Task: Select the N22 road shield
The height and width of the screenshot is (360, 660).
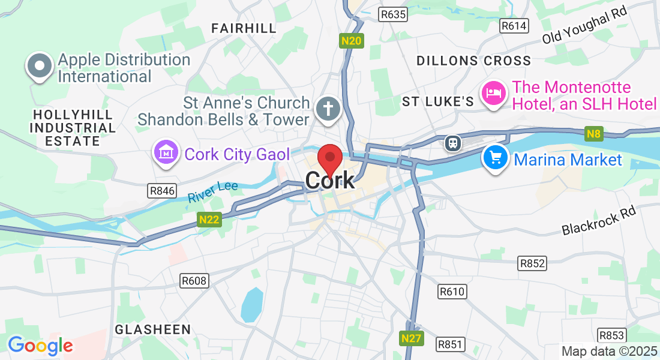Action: [209, 220]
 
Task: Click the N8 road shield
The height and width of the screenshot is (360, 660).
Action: [593, 134]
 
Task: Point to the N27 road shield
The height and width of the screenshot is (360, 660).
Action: [411, 338]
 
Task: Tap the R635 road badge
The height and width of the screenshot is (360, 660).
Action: [394, 13]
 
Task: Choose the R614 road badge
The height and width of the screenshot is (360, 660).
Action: [514, 25]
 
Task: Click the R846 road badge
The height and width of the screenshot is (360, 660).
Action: [162, 191]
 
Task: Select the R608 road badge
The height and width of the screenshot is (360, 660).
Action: [194, 280]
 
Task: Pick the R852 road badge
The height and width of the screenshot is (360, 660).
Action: [532, 263]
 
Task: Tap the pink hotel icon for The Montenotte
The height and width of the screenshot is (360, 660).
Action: [494, 93]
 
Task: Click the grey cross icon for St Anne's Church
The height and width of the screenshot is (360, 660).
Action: [329, 109]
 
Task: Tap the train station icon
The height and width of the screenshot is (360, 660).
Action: [452, 143]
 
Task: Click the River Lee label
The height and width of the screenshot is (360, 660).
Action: [212, 191]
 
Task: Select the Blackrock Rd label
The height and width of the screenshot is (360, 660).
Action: [598, 221]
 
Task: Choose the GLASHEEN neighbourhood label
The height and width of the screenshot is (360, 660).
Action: [152, 329]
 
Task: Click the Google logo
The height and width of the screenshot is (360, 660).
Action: [40, 346]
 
